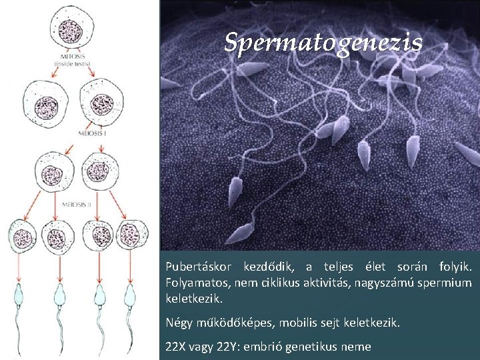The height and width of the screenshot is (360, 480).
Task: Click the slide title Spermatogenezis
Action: [323, 43]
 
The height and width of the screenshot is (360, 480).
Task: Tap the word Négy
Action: [179, 323]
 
